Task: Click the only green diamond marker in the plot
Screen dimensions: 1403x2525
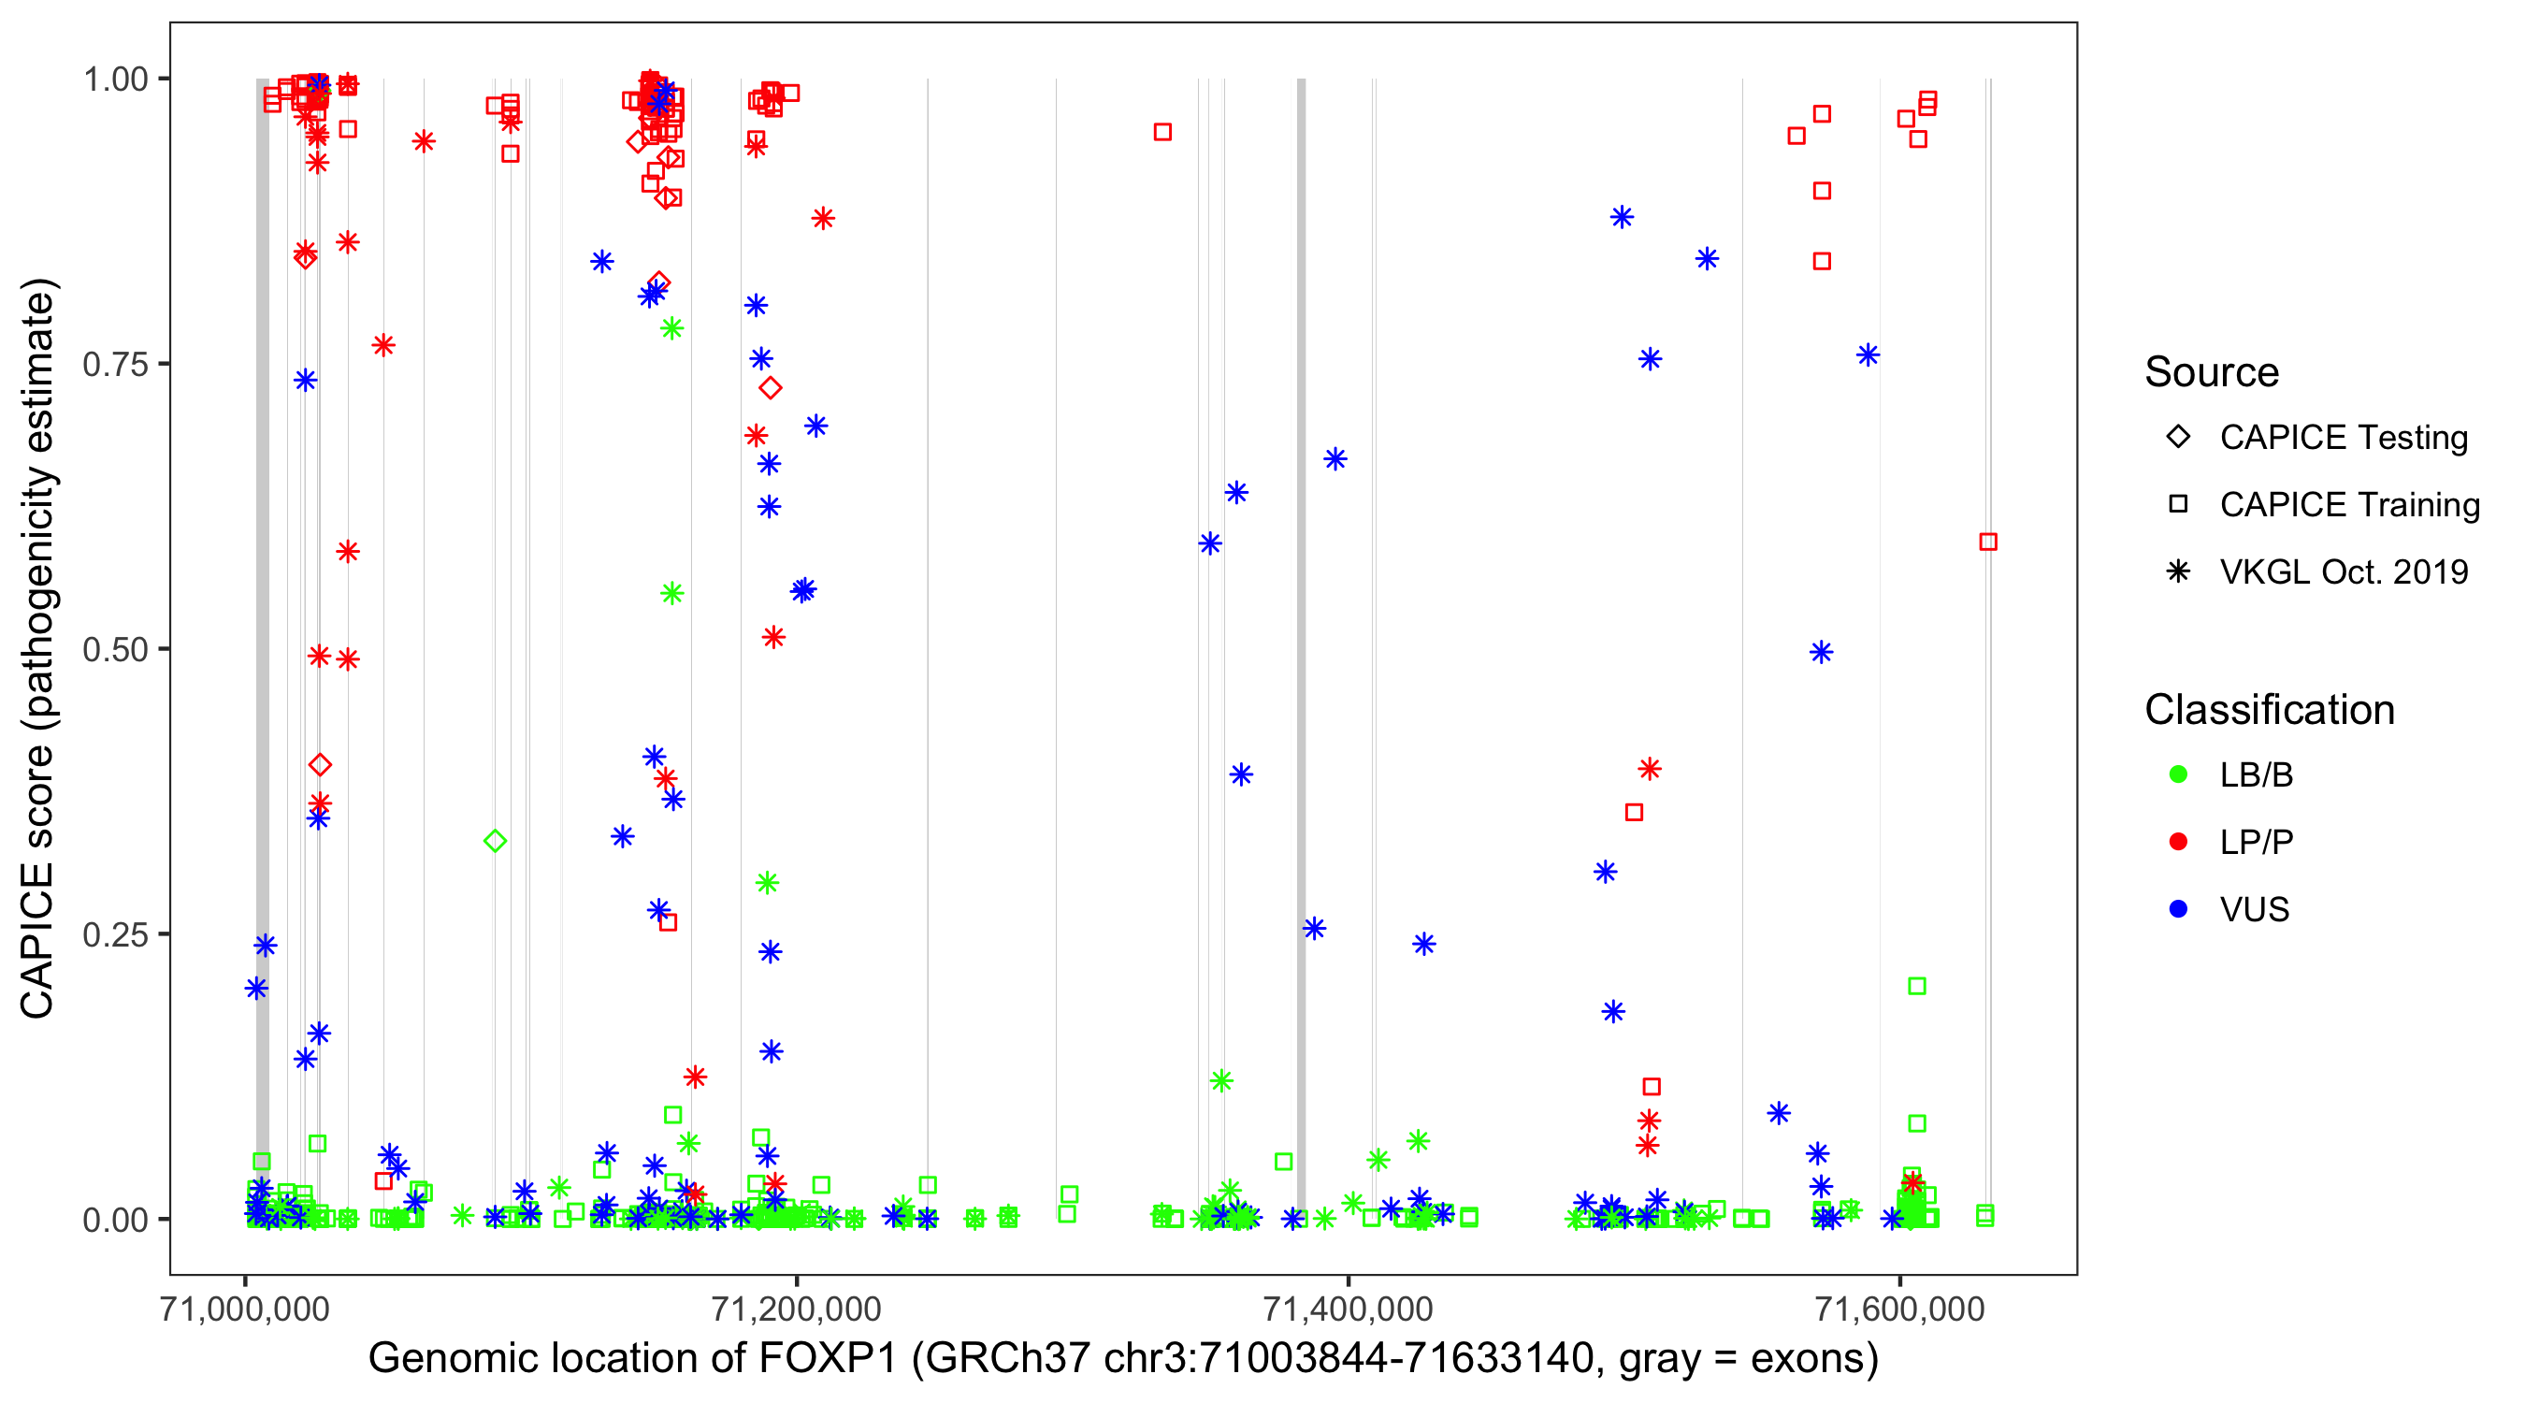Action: [x=495, y=840]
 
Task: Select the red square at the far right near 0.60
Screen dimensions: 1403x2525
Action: [x=1988, y=542]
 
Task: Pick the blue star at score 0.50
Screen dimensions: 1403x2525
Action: [x=1821, y=652]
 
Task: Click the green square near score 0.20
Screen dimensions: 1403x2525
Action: [x=1917, y=985]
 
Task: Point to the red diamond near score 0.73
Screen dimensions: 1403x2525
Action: [x=771, y=388]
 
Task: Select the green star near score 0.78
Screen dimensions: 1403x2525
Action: [x=671, y=328]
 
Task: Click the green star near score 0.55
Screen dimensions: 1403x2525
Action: [x=671, y=593]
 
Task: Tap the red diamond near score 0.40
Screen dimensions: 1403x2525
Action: [x=320, y=765]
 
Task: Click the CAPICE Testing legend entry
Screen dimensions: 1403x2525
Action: [x=2343, y=438]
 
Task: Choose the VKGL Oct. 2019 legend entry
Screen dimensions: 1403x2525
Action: [x=2343, y=571]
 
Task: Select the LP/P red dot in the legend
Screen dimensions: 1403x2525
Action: [x=2179, y=842]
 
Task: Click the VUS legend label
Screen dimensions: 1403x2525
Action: [x=2255, y=910]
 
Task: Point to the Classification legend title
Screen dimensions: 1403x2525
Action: [x=2269, y=710]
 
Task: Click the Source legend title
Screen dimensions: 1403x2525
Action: [x=2212, y=372]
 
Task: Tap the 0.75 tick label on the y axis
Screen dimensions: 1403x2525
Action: [x=114, y=365]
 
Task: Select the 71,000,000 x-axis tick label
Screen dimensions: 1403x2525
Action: [x=245, y=1309]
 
